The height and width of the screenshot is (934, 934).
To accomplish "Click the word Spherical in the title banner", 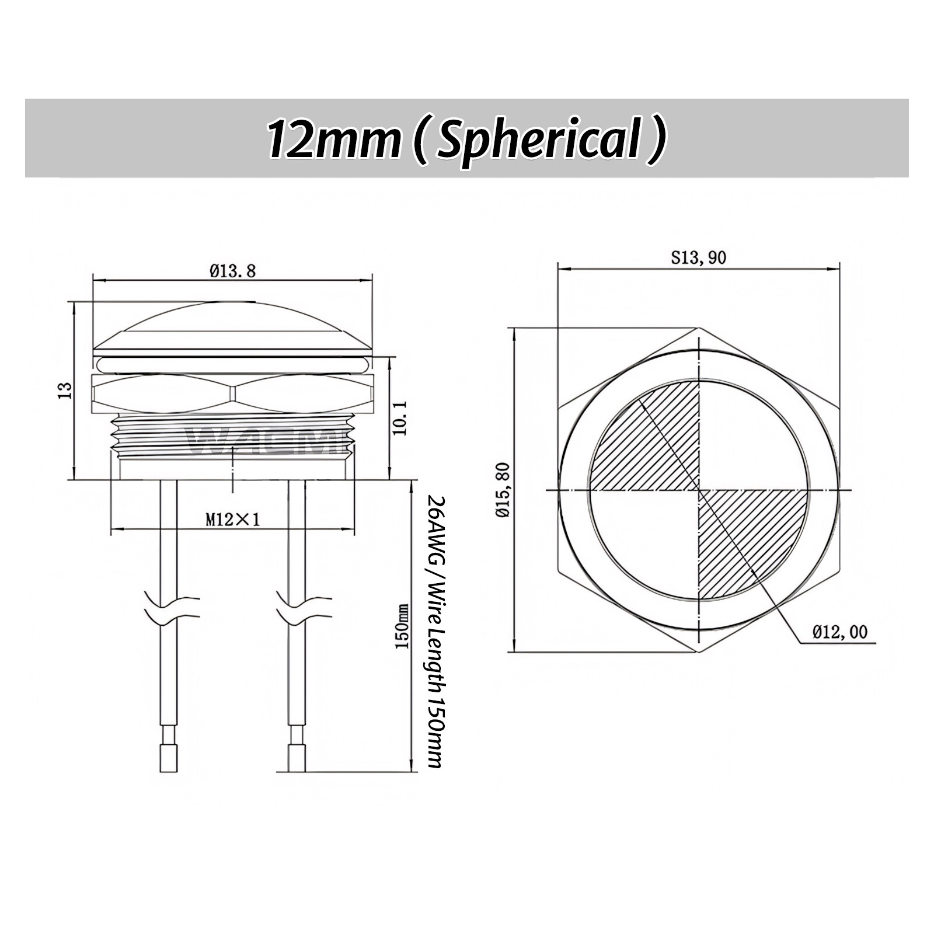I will click(x=537, y=140).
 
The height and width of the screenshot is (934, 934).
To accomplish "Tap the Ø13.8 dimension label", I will click(x=232, y=270).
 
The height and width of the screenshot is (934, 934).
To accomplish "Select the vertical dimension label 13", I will click(x=65, y=389).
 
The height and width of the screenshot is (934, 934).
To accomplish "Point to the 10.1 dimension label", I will click(x=400, y=418).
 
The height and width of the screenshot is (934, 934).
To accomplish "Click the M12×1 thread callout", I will click(x=232, y=519).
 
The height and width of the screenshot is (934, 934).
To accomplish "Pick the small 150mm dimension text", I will click(x=401, y=627).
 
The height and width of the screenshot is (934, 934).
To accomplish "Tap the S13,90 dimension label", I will click(x=698, y=257).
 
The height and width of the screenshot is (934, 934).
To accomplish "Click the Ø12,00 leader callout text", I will click(x=840, y=632).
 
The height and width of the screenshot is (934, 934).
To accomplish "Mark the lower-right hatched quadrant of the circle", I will click(x=747, y=537).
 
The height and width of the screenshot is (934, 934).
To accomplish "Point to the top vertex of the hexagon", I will click(x=699, y=329).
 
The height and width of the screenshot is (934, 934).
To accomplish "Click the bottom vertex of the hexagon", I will click(x=699, y=651).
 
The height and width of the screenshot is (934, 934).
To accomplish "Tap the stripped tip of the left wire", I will click(x=168, y=757).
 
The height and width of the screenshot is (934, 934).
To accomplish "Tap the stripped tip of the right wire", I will click(x=297, y=757).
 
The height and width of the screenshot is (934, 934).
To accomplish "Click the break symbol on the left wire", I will click(x=169, y=607).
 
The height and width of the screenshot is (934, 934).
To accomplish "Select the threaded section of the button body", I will click(x=232, y=435).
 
